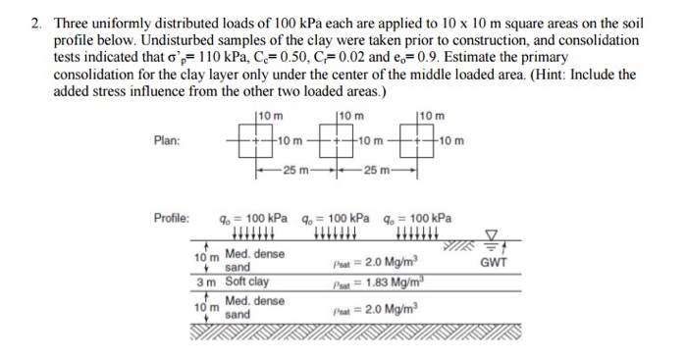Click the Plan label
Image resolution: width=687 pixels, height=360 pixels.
[167, 140]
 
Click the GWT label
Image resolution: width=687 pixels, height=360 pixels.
[495, 263]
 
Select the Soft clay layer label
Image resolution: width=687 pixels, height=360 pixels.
[248, 282]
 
